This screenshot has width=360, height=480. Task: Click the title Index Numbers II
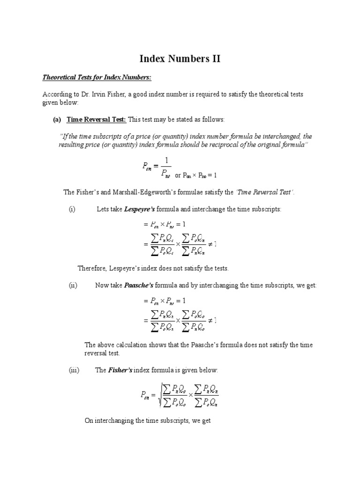180,59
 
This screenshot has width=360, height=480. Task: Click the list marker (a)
57,120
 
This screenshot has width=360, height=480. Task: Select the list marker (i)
72,209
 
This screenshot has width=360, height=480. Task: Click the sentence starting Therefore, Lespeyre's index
153,268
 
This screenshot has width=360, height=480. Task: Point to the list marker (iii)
74,370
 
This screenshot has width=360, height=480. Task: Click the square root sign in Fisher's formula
162,395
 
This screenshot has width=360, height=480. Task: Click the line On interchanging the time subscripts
148,420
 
